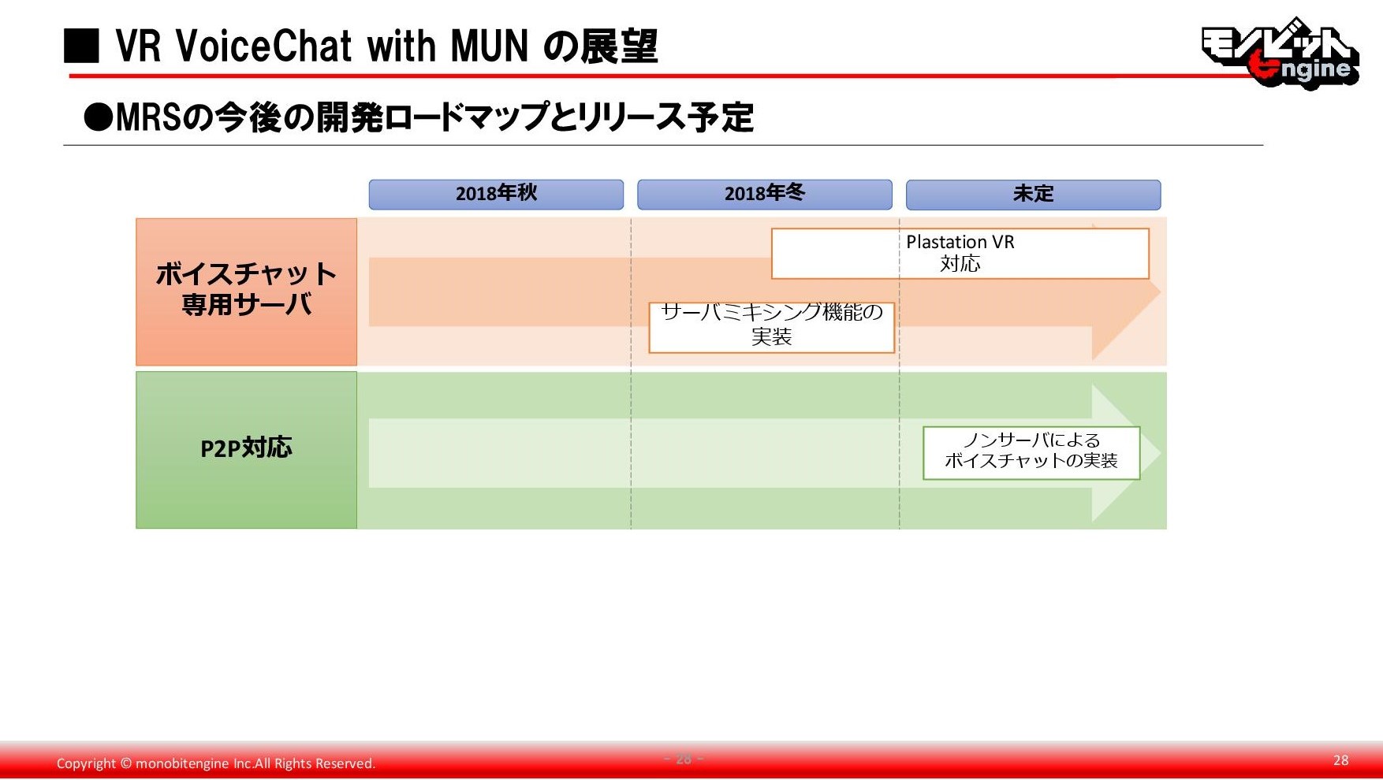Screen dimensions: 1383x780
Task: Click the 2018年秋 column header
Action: pyautogui.click(x=496, y=195)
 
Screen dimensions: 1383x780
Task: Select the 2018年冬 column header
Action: pyautogui.click(x=765, y=195)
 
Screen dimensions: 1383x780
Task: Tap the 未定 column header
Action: pyautogui.click(x=1033, y=195)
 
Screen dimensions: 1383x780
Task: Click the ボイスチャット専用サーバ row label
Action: pyautogui.click(x=246, y=292)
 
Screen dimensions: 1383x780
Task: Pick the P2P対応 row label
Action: pyautogui.click(x=246, y=450)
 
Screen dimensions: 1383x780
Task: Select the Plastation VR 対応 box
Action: pyautogui.click(x=960, y=254)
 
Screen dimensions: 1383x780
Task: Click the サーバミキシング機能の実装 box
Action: pyautogui.click(x=771, y=327)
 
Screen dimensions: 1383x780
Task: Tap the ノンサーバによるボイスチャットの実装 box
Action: pyautogui.click(x=1031, y=453)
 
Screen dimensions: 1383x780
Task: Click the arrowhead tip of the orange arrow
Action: pyautogui.click(x=1161, y=292)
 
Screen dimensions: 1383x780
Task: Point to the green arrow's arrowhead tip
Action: pyautogui.click(x=1161, y=453)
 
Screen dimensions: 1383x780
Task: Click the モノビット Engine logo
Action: pyautogui.click(x=1280, y=52)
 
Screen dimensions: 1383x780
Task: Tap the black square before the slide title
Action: pyautogui.click(x=81, y=46)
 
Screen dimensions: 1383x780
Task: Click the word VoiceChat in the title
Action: pyautogui.click(x=264, y=46)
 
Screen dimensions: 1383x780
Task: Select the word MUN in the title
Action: pyautogui.click(x=489, y=46)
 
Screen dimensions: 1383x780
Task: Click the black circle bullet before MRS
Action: pyautogui.click(x=99, y=118)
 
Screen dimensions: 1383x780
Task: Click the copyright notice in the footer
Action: pyautogui.click(x=216, y=763)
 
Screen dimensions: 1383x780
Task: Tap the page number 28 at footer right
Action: pyautogui.click(x=1340, y=760)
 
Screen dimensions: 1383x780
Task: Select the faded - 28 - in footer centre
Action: pyautogui.click(x=684, y=759)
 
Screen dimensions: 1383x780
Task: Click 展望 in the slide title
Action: pyautogui.click(x=619, y=46)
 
